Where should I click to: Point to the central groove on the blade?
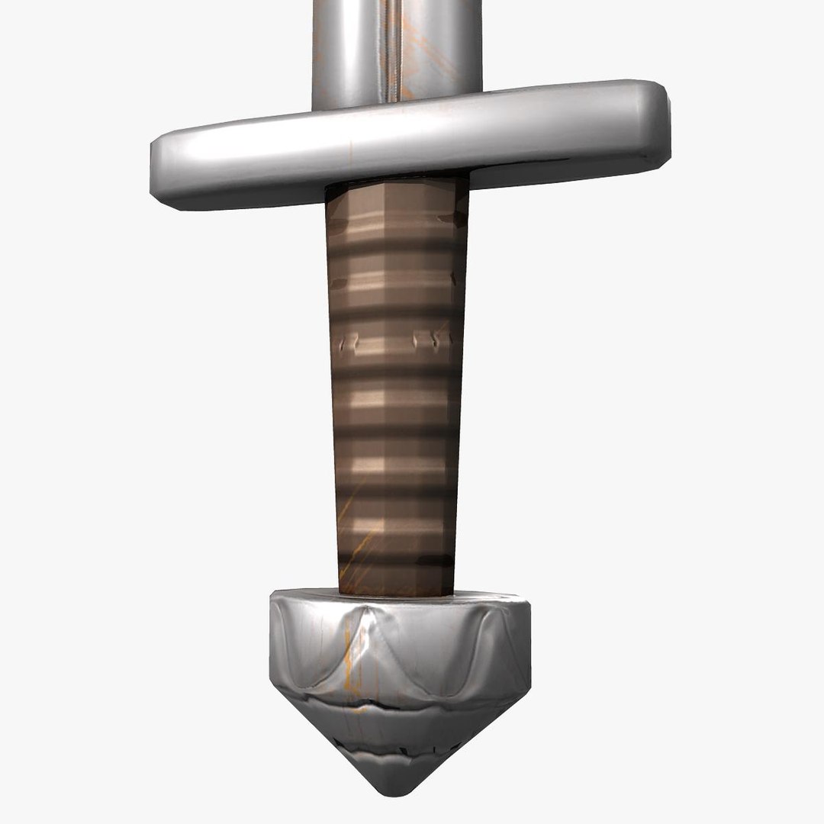click(x=393, y=46)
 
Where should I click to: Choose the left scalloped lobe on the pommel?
click(x=305, y=641)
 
